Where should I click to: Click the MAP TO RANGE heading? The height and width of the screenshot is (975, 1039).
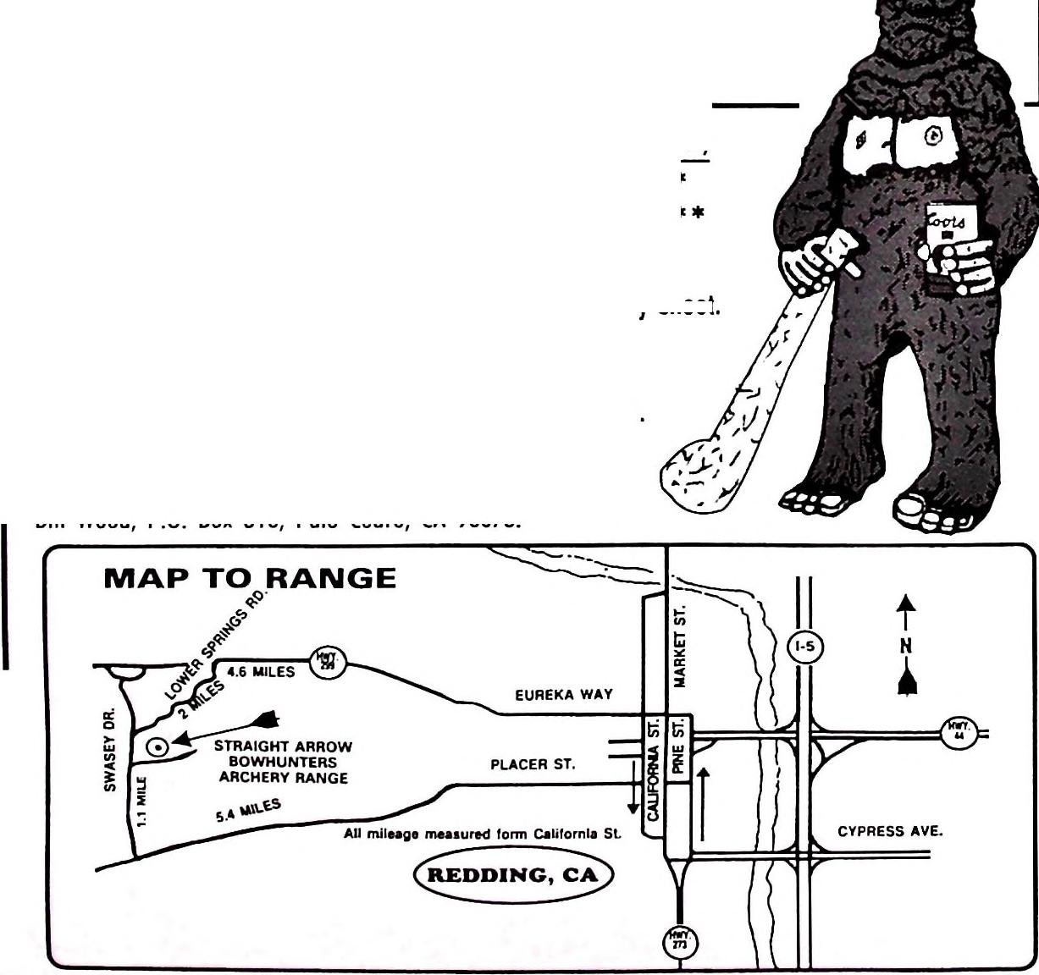pyautogui.click(x=249, y=579)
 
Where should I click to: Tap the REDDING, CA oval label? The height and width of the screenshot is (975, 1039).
pyautogui.click(x=512, y=875)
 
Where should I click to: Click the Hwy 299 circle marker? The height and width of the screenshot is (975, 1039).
pyautogui.click(x=326, y=660)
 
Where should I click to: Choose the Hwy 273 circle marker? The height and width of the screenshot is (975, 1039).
pyautogui.click(x=680, y=942)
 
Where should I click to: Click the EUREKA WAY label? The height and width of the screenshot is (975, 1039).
pyautogui.click(x=563, y=696)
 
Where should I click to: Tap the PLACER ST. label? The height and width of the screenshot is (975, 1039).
pyautogui.click(x=533, y=765)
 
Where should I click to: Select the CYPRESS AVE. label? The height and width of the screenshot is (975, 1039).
pyautogui.click(x=889, y=832)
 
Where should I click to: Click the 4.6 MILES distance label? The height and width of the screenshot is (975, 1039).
pyautogui.click(x=262, y=673)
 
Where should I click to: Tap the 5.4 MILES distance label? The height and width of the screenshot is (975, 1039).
pyautogui.click(x=248, y=811)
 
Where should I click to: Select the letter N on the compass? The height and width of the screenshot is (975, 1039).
pyautogui.click(x=906, y=646)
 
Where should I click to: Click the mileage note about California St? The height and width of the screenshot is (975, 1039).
pyautogui.click(x=482, y=835)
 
